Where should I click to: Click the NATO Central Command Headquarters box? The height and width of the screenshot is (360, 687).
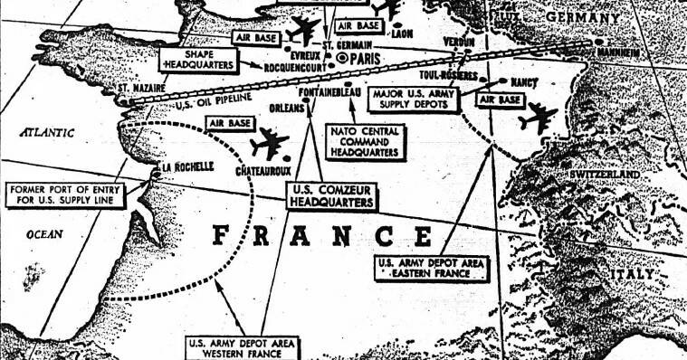(x=366, y=143)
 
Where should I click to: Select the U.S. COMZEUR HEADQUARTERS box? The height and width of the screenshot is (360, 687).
(x=331, y=196)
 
